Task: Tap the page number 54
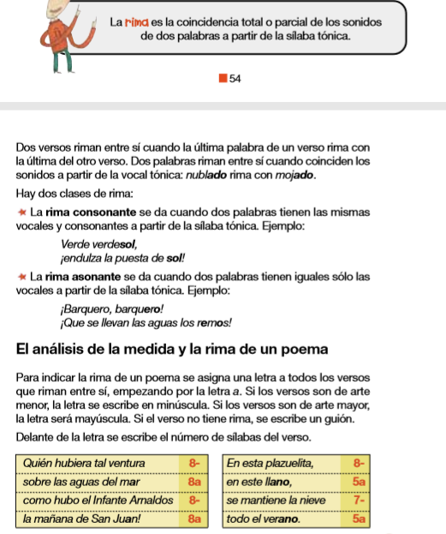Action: [x=235, y=78]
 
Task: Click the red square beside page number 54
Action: [x=223, y=78]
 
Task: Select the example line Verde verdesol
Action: [x=93, y=244]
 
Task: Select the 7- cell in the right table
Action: [x=358, y=500]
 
